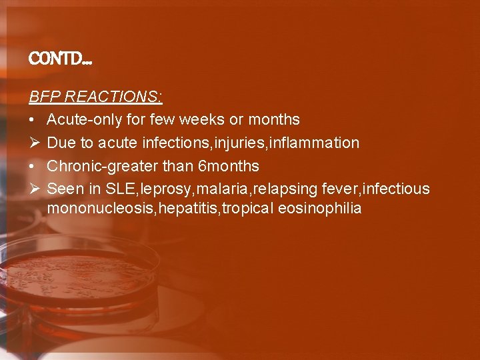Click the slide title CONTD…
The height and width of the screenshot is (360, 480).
tap(61, 60)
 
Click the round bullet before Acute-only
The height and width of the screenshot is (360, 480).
tap(33, 120)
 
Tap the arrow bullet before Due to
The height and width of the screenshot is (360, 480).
tap(34, 143)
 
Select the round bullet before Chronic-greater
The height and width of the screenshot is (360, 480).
tap(33, 165)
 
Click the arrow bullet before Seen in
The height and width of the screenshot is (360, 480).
tap(34, 189)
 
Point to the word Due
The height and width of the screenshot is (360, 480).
tap(61, 143)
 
